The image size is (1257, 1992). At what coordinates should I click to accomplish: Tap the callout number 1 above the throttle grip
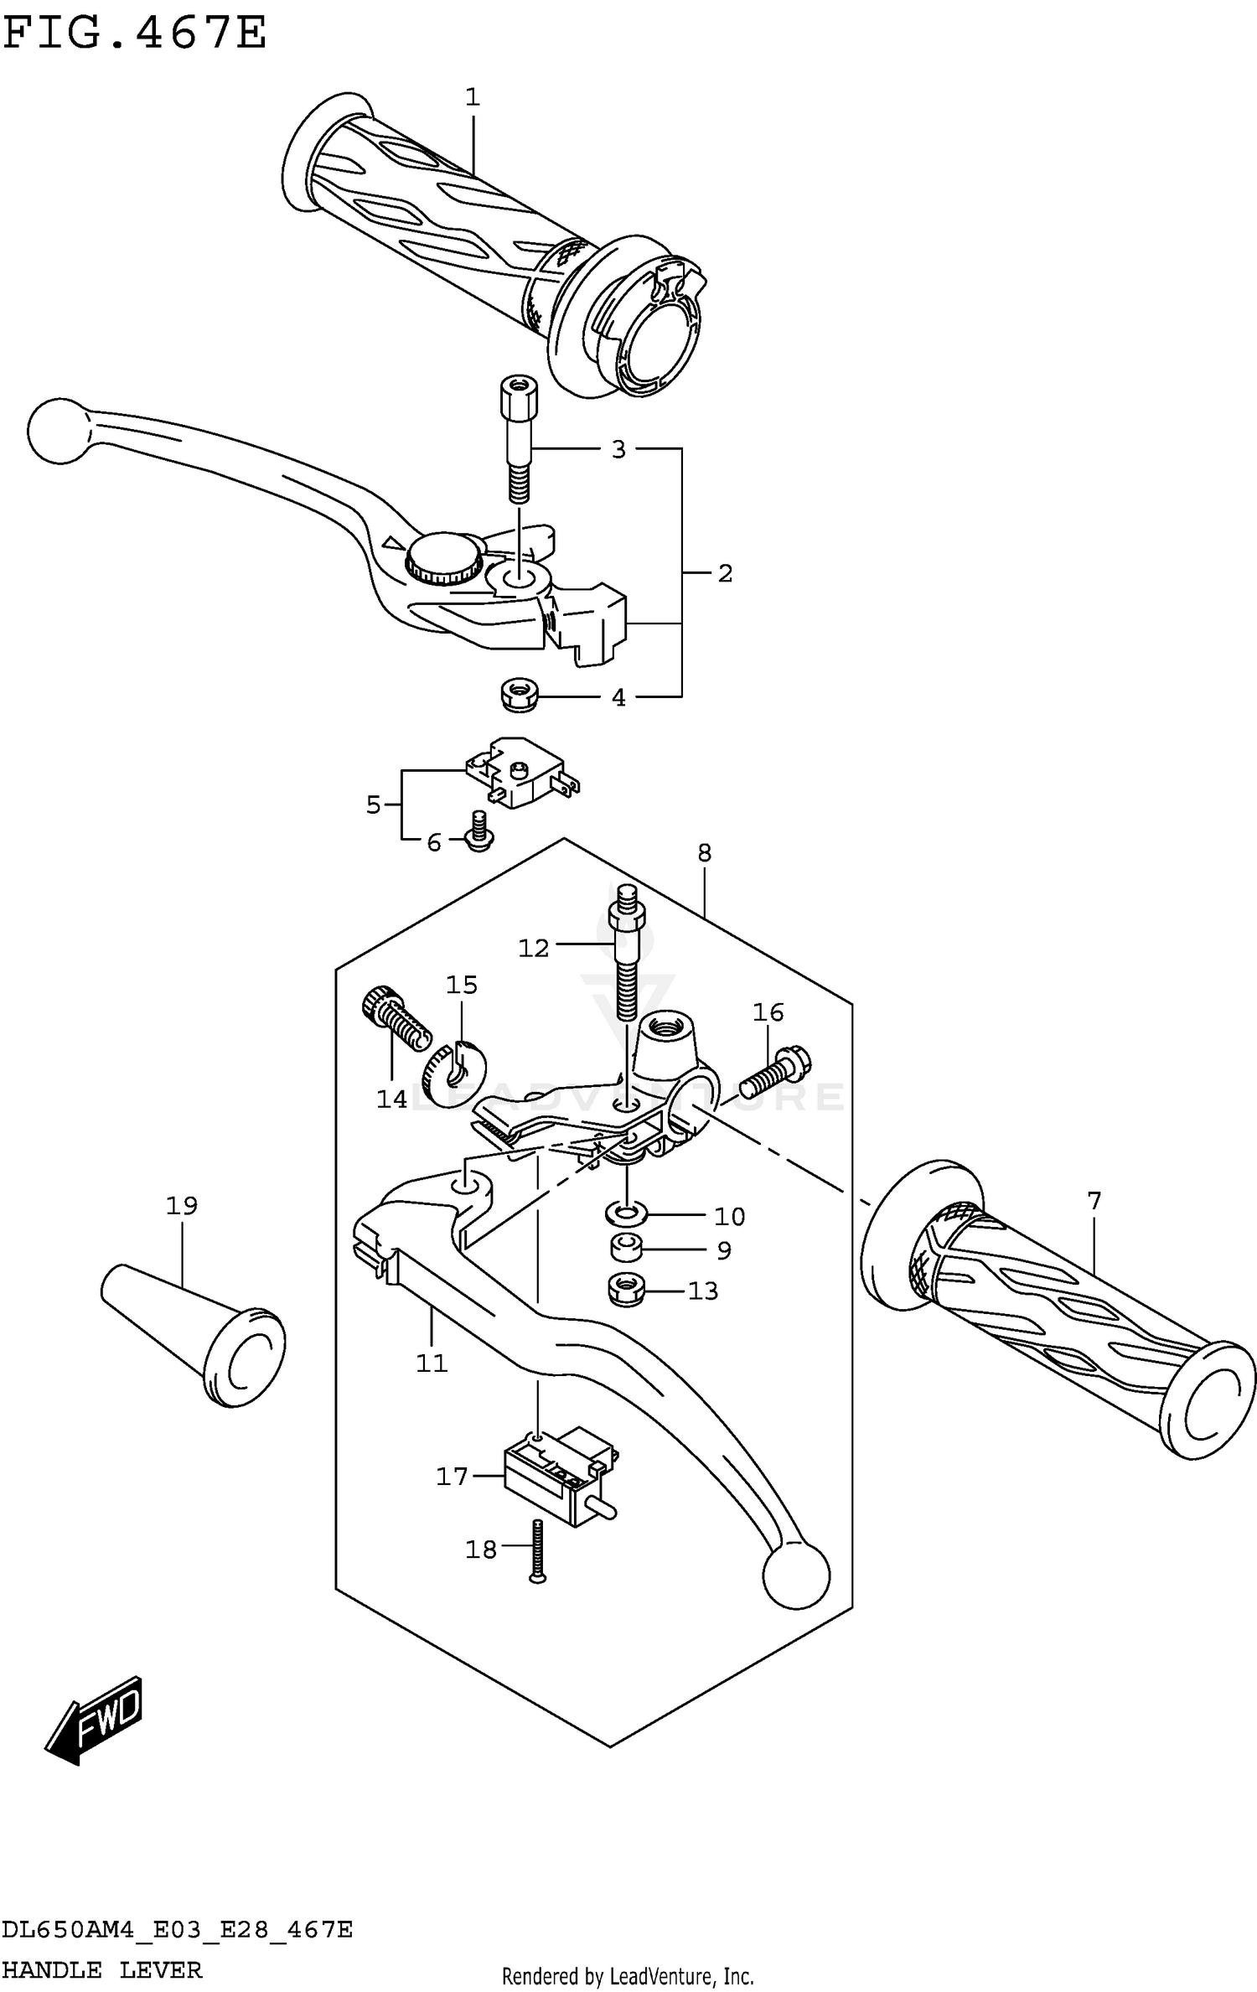[472, 97]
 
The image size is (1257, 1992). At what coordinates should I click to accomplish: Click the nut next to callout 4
[519, 696]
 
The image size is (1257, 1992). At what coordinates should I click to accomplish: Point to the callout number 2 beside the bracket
[725, 573]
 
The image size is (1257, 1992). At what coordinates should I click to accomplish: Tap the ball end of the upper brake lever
[57, 430]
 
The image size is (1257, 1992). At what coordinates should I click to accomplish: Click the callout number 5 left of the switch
[374, 805]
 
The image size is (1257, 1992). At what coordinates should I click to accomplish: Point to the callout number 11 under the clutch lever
[432, 1364]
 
